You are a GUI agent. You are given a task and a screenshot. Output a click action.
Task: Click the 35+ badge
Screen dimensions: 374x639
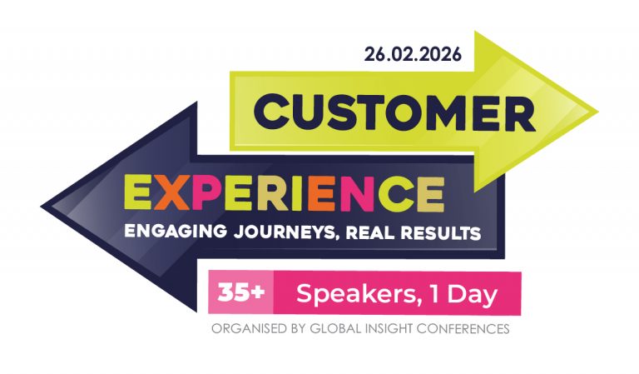(238, 292)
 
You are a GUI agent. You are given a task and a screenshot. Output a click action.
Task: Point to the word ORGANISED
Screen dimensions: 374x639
(248, 329)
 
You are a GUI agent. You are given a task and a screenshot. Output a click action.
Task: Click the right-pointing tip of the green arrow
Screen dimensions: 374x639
(595, 111)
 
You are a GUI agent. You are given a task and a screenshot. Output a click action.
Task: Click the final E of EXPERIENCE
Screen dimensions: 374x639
(429, 194)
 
